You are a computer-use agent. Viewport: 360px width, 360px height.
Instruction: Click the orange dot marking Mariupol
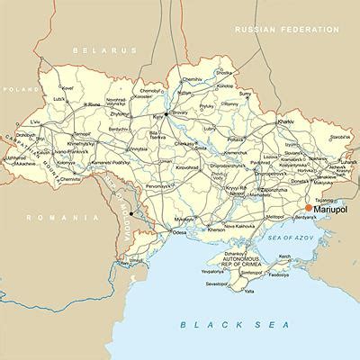point(309,207)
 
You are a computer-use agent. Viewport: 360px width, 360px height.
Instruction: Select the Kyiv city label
point(157,118)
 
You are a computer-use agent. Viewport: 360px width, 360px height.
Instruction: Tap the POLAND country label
point(14,90)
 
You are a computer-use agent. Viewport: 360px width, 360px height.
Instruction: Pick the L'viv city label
point(35,121)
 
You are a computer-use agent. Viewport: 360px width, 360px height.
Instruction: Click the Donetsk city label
point(291,181)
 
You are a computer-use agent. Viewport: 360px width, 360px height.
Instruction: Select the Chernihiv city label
point(192,79)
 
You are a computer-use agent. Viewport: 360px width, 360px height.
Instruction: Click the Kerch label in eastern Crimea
point(285,256)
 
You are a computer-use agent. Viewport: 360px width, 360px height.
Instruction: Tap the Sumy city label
point(245,93)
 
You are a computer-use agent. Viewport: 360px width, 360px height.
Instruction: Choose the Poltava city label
point(236,139)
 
